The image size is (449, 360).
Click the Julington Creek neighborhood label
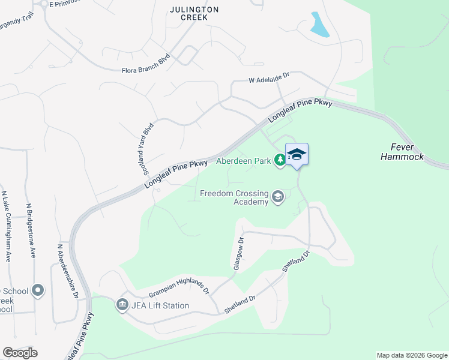click(x=194, y=13)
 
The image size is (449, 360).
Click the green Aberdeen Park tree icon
click(x=279, y=160)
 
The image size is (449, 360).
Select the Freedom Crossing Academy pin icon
click(x=278, y=197)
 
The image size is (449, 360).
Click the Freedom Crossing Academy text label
click(x=234, y=197)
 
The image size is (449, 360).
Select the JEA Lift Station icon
click(x=122, y=305)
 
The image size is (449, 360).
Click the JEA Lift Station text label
click(x=161, y=305)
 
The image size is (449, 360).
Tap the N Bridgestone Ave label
click(x=29, y=230)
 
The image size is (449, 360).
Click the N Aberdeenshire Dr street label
click(x=67, y=271)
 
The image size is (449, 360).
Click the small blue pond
click(x=319, y=25)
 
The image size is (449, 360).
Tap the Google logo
click(x=20, y=353)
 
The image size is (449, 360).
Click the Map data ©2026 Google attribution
click(x=412, y=355)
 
